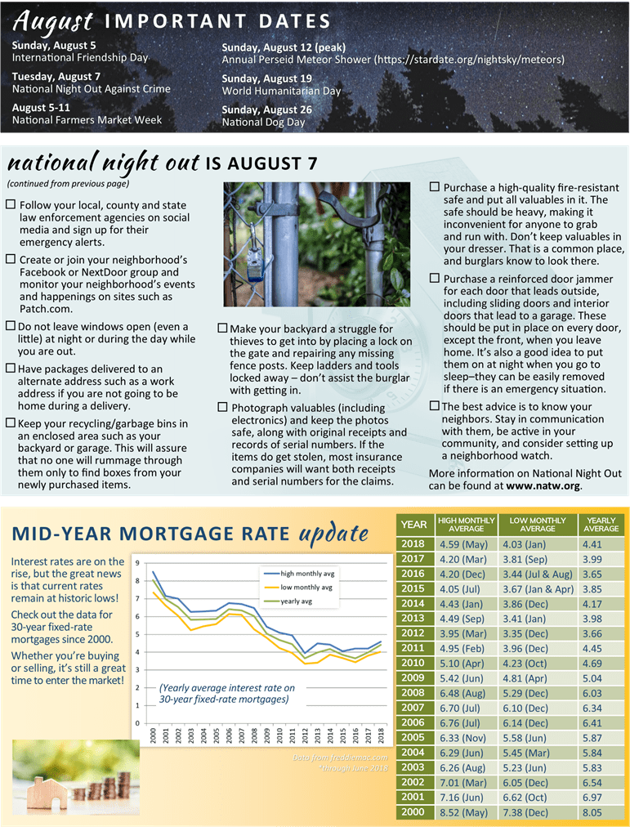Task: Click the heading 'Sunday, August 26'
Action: point(266,110)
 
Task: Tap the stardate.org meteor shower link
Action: point(469,60)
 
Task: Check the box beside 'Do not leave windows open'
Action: point(10,327)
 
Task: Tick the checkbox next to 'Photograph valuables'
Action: point(223,407)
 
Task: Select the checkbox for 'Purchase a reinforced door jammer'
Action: point(435,279)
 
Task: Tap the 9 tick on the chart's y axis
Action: point(137,563)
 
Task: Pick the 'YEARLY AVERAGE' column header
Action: point(601,525)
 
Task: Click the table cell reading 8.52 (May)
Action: point(464,812)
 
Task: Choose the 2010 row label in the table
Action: point(413,662)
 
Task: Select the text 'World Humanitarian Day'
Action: point(281,92)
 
